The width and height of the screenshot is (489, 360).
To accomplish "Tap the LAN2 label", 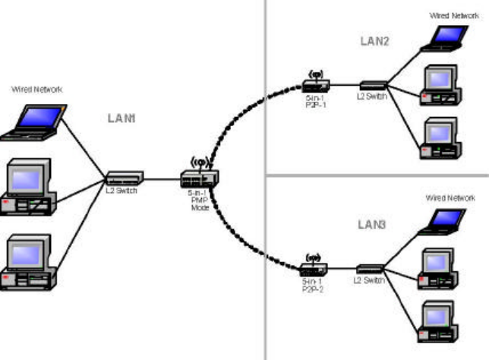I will (374, 42).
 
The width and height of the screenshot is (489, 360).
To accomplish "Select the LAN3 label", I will (373, 225).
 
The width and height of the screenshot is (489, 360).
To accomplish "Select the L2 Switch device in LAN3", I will (371, 268).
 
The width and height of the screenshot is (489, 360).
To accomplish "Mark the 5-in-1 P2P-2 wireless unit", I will (313, 268).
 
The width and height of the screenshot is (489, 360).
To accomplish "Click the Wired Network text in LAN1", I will (36, 90).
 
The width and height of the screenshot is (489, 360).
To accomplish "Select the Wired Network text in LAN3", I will (450, 197).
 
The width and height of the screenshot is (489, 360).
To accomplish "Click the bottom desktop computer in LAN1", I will (29, 264).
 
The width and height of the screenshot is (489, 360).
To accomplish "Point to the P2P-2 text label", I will (312, 289).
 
